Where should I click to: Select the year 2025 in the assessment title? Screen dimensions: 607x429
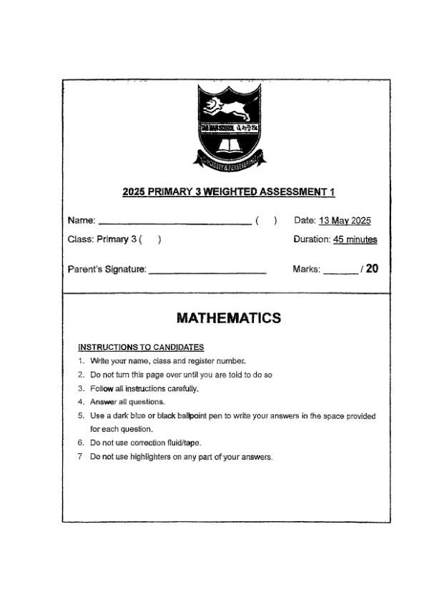click(x=134, y=192)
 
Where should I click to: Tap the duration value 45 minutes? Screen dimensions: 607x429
click(x=355, y=240)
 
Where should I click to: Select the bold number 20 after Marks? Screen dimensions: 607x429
click(x=372, y=269)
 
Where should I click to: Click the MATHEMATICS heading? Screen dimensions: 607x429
click(x=228, y=318)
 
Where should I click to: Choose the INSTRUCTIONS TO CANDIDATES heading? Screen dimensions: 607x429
click(x=141, y=347)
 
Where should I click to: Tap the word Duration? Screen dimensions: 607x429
click(x=312, y=240)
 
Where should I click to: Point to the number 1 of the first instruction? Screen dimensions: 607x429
click(x=81, y=360)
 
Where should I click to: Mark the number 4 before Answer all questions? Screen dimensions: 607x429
click(x=81, y=402)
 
